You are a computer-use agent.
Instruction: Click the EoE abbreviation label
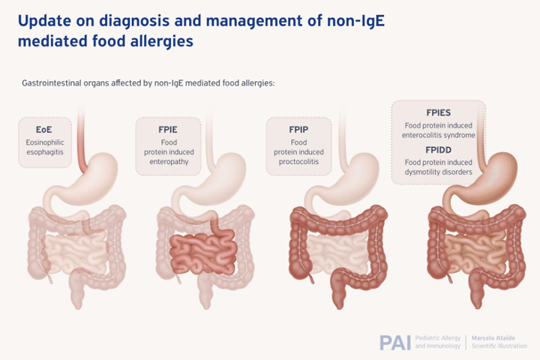(x=44, y=130)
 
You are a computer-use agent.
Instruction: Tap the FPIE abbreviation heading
(x=168, y=130)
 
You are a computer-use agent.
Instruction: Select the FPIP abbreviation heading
(x=298, y=130)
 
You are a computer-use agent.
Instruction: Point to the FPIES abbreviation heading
(x=439, y=112)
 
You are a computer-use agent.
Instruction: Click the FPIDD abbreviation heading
(x=439, y=150)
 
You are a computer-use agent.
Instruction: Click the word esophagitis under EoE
(x=45, y=152)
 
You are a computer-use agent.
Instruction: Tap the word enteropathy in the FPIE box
(x=169, y=161)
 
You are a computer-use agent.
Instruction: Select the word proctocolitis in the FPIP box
(x=298, y=161)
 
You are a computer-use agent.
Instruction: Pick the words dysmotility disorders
(x=439, y=172)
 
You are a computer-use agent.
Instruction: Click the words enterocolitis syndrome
(x=439, y=135)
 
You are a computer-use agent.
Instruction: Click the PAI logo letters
(x=395, y=343)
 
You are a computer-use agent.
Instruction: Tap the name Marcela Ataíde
(x=493, y=338)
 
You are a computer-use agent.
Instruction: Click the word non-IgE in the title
(x=355, y=20)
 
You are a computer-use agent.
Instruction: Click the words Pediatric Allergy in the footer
(x=438, y=338)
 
